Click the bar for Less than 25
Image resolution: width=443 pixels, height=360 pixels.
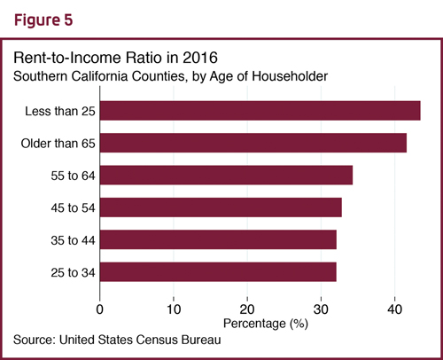pos(260,111)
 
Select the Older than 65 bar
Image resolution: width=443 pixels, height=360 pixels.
pos(253,143)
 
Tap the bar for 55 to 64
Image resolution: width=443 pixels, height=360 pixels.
pos(226,175)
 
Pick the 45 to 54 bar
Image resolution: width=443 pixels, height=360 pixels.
pos(221,207)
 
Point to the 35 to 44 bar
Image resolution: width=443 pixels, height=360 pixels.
pos(218,239)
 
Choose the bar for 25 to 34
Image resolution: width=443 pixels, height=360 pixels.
pos(218,272)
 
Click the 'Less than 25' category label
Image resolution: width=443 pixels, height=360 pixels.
pos(60,111)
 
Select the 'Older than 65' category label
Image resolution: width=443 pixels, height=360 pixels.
pos(58,144)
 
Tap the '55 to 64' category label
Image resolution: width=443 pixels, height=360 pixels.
pos(73,176)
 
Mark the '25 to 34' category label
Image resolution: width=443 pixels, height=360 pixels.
pos(73,272)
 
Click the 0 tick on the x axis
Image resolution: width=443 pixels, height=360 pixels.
pos(100,309)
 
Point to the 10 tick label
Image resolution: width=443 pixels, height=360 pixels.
pos(174,309)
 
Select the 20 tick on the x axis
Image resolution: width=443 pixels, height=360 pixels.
pos(247,309)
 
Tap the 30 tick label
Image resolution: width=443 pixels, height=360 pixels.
pos(321,309)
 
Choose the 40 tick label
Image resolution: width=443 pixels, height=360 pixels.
pos(395,309)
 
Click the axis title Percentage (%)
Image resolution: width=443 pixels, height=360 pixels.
pos(266,324)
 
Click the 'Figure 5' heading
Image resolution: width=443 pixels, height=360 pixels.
pos(43,20)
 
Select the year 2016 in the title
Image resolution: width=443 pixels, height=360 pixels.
pos(200,58)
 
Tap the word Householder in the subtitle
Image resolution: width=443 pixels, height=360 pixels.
pos(290,76)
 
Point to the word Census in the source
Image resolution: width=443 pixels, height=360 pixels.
pos(158,340)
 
